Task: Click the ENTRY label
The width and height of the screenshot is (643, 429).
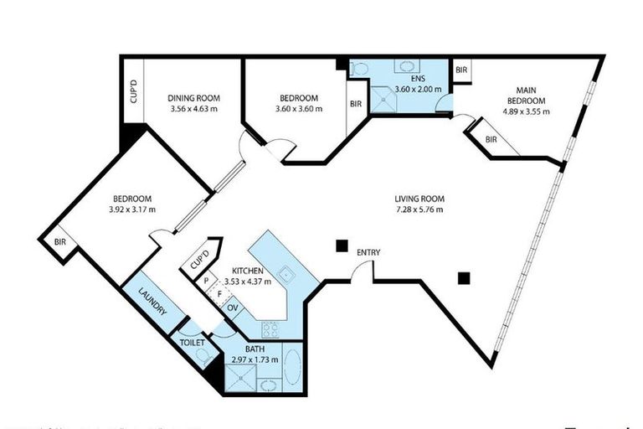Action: [368, 252]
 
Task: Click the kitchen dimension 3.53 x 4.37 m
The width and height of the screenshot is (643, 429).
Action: [249, 282]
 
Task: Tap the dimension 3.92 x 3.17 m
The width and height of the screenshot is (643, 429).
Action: [133, 209]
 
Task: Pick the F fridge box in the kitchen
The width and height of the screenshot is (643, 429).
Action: [219, 294]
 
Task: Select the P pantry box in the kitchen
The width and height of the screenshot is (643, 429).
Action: [206, 282]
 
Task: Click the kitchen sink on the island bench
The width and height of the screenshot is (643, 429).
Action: [286, 272]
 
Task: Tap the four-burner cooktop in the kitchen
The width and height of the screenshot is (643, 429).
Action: [270, 328]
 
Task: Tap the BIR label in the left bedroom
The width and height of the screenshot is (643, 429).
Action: [60, 241]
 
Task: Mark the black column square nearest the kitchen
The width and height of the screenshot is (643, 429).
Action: [341, 246]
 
